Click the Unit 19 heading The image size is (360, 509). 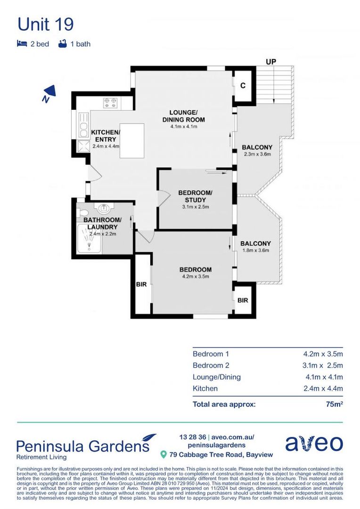pyautogui.click(x=45, y=24)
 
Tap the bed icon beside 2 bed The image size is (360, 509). pyautogui.click(x=22, y=44)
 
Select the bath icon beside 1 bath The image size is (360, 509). pyautogui.click(x=62, y=44)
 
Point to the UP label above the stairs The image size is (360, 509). pyautogui.click(x=270, y=62)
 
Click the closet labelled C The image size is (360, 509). pyautogui.click(x=243, y=86)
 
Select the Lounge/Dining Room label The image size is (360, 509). pyautogui.click(x=183, y=116)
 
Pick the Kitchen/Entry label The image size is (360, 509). pyautogui.click(x=106, y=136)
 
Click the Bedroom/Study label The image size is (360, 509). pyautogui.click(x=195, y=197)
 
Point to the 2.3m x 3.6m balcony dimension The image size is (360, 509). pyautogui.click(x=257, y=154)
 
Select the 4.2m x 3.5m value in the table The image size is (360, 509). pyautogui.click(x=322, y=353)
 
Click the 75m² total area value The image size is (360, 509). pyautogui.click(x=334, y=404)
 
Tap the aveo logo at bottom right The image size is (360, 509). pyautogui.click(x=314, y=443)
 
